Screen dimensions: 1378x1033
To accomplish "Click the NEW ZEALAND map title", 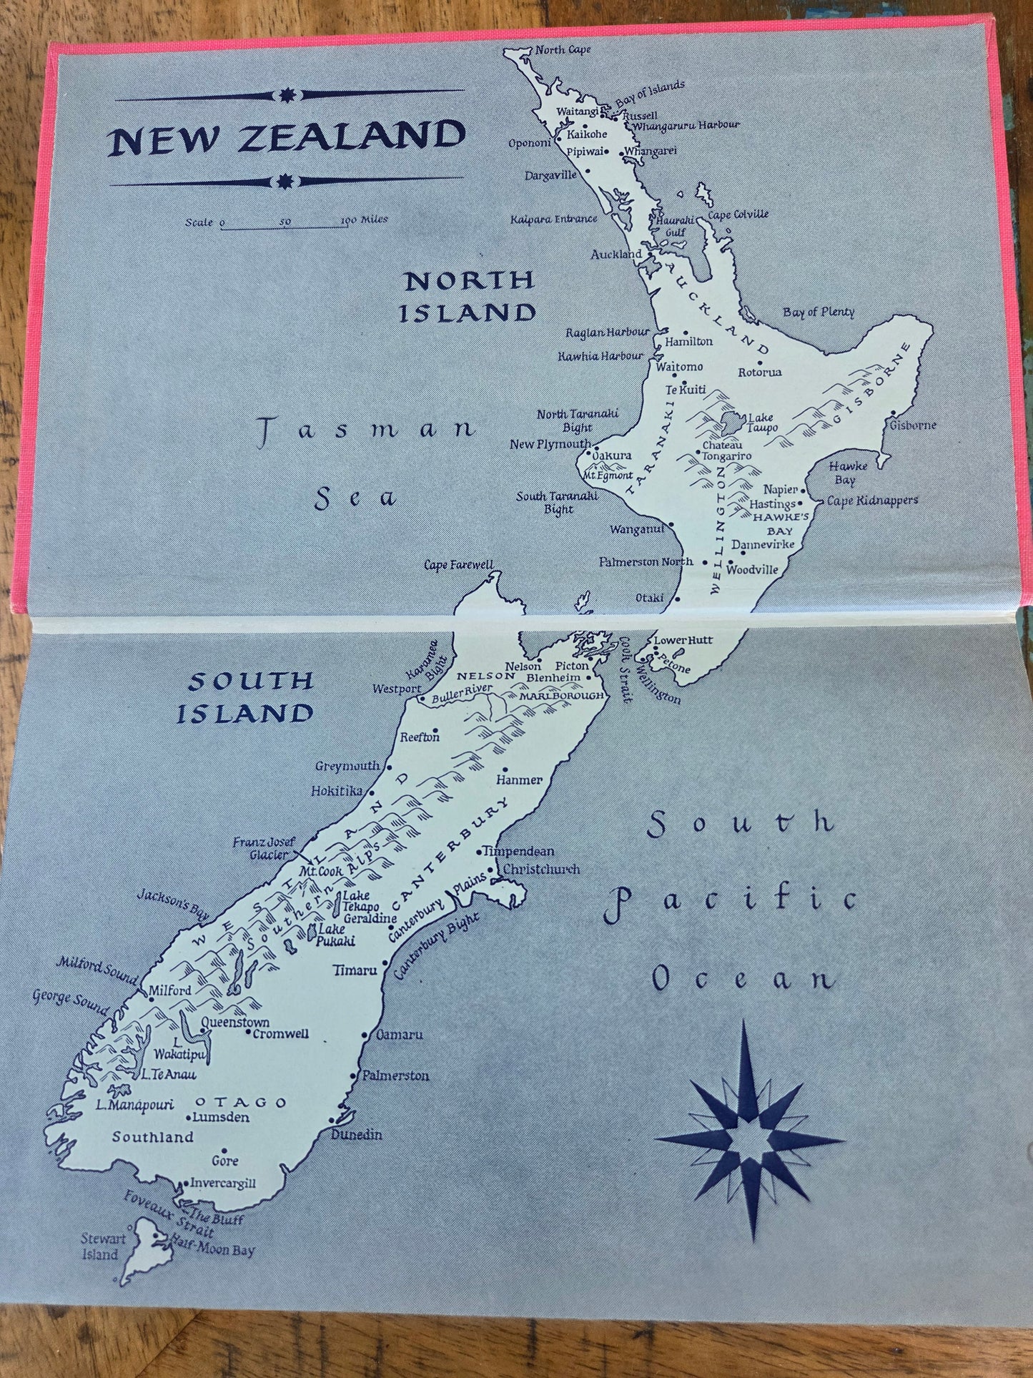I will click(x=287, y=138).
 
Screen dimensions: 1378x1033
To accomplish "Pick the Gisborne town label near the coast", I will click(x=912, y=425).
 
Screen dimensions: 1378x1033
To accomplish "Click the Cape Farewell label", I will click(x=458, y=565).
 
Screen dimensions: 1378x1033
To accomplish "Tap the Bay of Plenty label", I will click(x=818, y=312).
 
